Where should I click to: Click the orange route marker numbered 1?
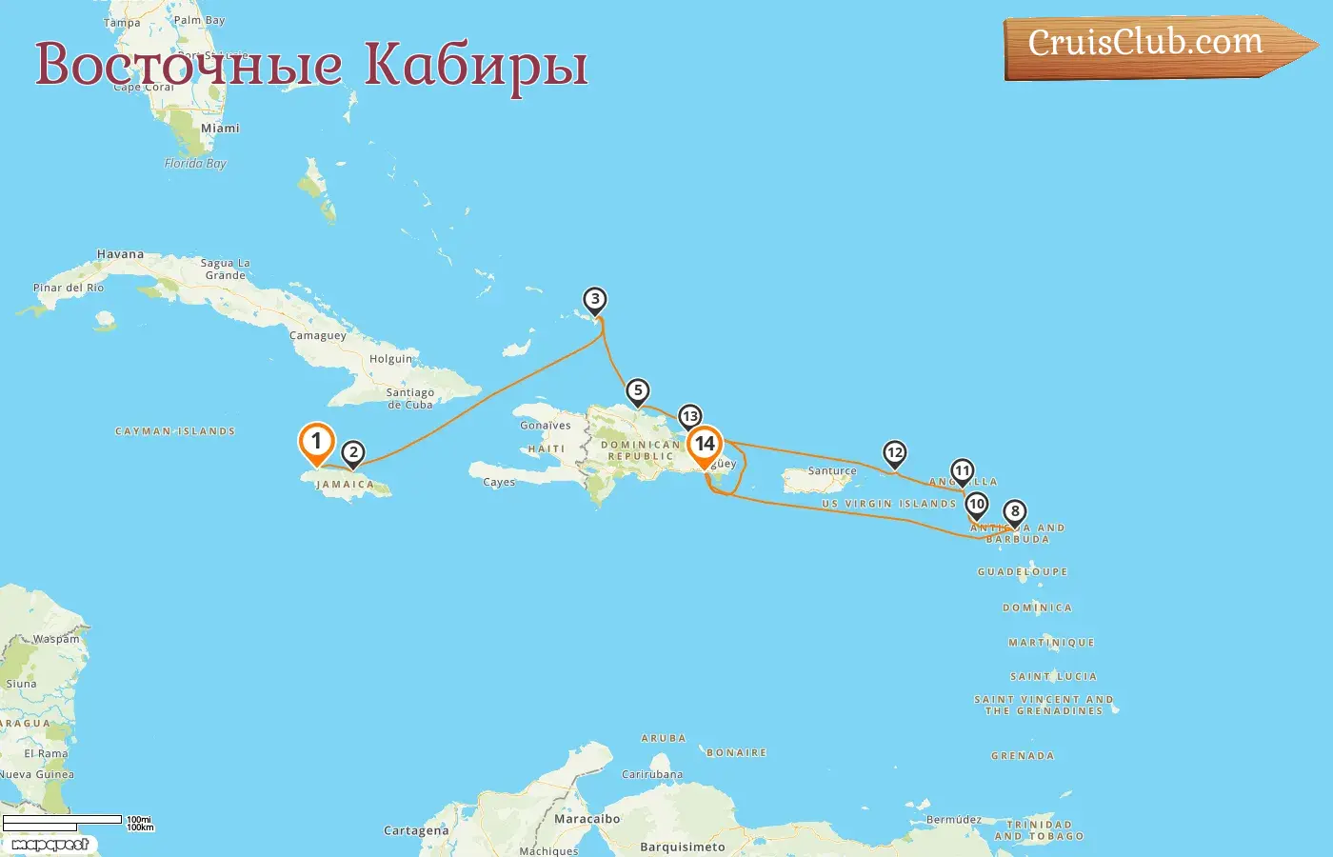pos(316,442)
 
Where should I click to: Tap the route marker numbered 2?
pos(353,453)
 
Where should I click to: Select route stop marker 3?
pos(595,301)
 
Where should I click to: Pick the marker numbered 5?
pos(638,391)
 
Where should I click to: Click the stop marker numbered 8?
pos(1015,512)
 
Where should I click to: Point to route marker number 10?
pos(976,505)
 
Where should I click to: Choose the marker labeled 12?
pos(894,453)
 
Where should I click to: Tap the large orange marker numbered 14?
pos(705,444)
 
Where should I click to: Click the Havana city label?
pos(121,254)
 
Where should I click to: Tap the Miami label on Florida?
pos(220,128)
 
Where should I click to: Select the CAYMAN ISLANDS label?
pos(175,431)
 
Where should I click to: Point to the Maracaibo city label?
pos(587,819)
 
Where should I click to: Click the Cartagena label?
pos(416,830)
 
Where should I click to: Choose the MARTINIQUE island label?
pos(1051,643)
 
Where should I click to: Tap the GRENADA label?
pos(1023,756)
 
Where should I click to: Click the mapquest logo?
pos(50,844)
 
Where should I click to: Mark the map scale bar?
pos(63,820)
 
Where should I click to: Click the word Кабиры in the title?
pos(476,65)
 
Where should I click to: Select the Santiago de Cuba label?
pos(410,398)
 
